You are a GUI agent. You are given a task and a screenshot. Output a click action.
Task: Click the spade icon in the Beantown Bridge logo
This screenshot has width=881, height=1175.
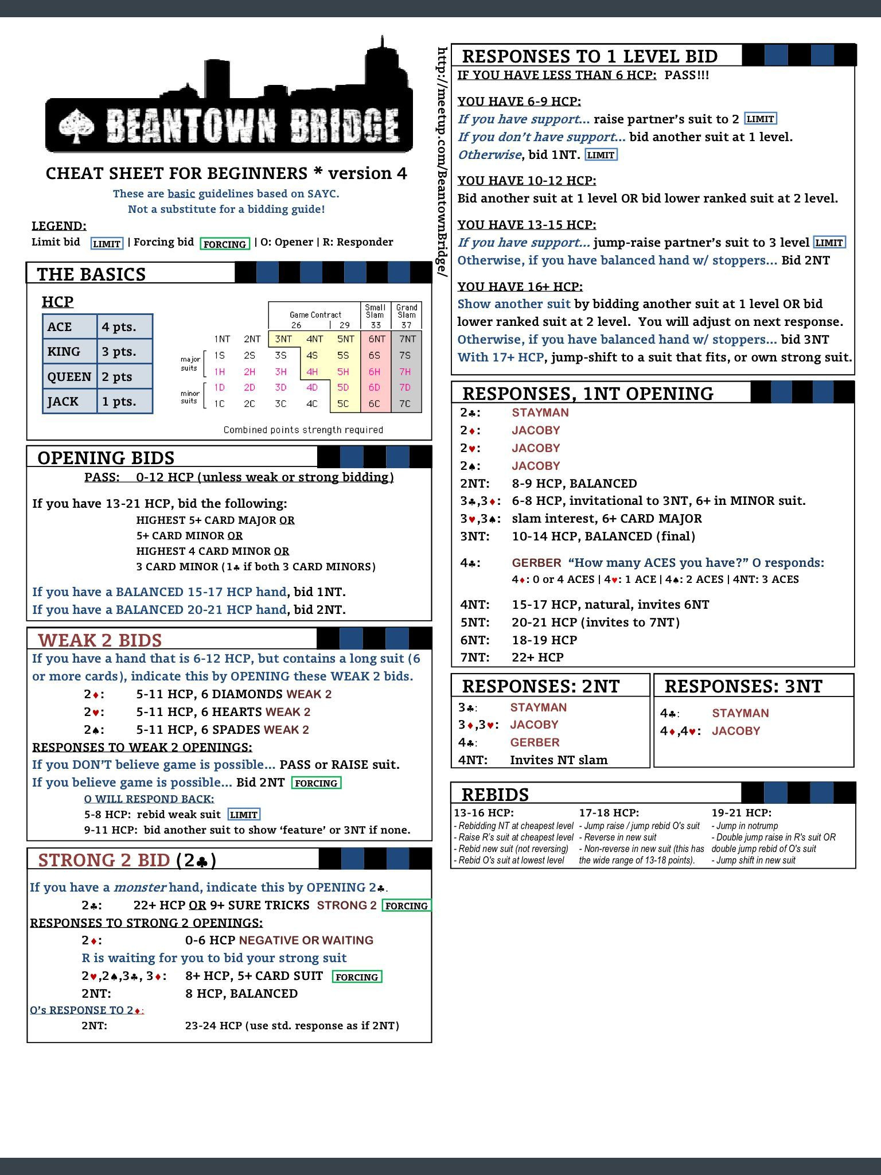coord(77,125)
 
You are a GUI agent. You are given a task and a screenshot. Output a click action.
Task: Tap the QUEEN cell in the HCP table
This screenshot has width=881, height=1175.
coord(69,376)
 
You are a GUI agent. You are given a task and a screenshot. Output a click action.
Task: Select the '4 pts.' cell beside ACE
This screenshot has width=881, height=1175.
coord(124,326)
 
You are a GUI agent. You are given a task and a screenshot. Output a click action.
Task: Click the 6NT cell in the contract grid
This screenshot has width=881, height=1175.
coord(376,339)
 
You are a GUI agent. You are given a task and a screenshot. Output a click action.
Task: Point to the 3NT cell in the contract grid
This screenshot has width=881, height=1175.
coord(283,339)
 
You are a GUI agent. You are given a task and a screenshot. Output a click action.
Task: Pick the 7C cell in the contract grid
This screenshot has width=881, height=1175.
coord(406,403)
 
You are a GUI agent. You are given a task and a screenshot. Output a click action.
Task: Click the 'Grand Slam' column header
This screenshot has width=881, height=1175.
coord(407,311)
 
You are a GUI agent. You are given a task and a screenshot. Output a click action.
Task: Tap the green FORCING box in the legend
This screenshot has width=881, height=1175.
coord(224,244)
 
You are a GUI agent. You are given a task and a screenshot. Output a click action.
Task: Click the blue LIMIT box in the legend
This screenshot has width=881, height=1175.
coord(107,244)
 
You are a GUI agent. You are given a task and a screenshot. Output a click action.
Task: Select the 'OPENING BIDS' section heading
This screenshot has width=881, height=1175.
coord(106,458)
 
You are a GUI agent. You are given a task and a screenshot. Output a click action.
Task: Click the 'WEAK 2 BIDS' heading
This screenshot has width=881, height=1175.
coord(100,640)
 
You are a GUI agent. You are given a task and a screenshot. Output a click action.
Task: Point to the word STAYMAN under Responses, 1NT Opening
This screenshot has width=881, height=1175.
coord(540,413)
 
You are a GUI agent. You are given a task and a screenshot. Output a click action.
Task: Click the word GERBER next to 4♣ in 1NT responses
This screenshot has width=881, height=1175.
coord(536,563)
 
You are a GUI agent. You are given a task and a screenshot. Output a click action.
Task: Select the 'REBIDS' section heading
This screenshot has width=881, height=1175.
coord(495,795)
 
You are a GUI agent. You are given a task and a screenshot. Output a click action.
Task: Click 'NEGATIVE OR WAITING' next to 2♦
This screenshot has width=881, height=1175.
coord(306,940)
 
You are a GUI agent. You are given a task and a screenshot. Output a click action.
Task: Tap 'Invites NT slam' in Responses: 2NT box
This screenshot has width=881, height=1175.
coord(558,760)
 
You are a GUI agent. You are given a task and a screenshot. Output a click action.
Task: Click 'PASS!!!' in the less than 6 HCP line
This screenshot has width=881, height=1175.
coord(687,75)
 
